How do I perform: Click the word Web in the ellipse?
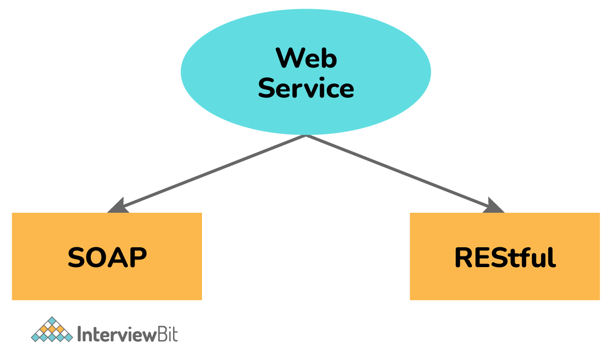306,58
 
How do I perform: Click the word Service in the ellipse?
306,88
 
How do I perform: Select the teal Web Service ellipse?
228,71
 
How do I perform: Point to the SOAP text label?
107,257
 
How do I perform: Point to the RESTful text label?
505,257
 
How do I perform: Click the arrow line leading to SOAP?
213,172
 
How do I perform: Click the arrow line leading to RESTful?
401,173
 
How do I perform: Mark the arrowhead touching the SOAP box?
118,206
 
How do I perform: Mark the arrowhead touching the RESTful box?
493,206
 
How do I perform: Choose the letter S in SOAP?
77,257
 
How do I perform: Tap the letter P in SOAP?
138,257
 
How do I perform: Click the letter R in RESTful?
464,257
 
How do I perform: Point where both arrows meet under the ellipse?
306,136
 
